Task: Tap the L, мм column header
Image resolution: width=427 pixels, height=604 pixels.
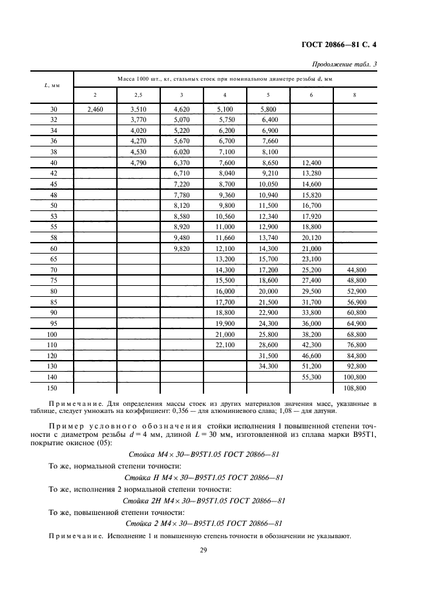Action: point(53,86)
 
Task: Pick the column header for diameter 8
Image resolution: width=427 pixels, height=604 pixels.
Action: point(354,96)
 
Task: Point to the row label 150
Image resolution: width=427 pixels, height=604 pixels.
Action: point(53,388)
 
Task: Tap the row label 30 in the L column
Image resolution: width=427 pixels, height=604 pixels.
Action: point(53,110)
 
